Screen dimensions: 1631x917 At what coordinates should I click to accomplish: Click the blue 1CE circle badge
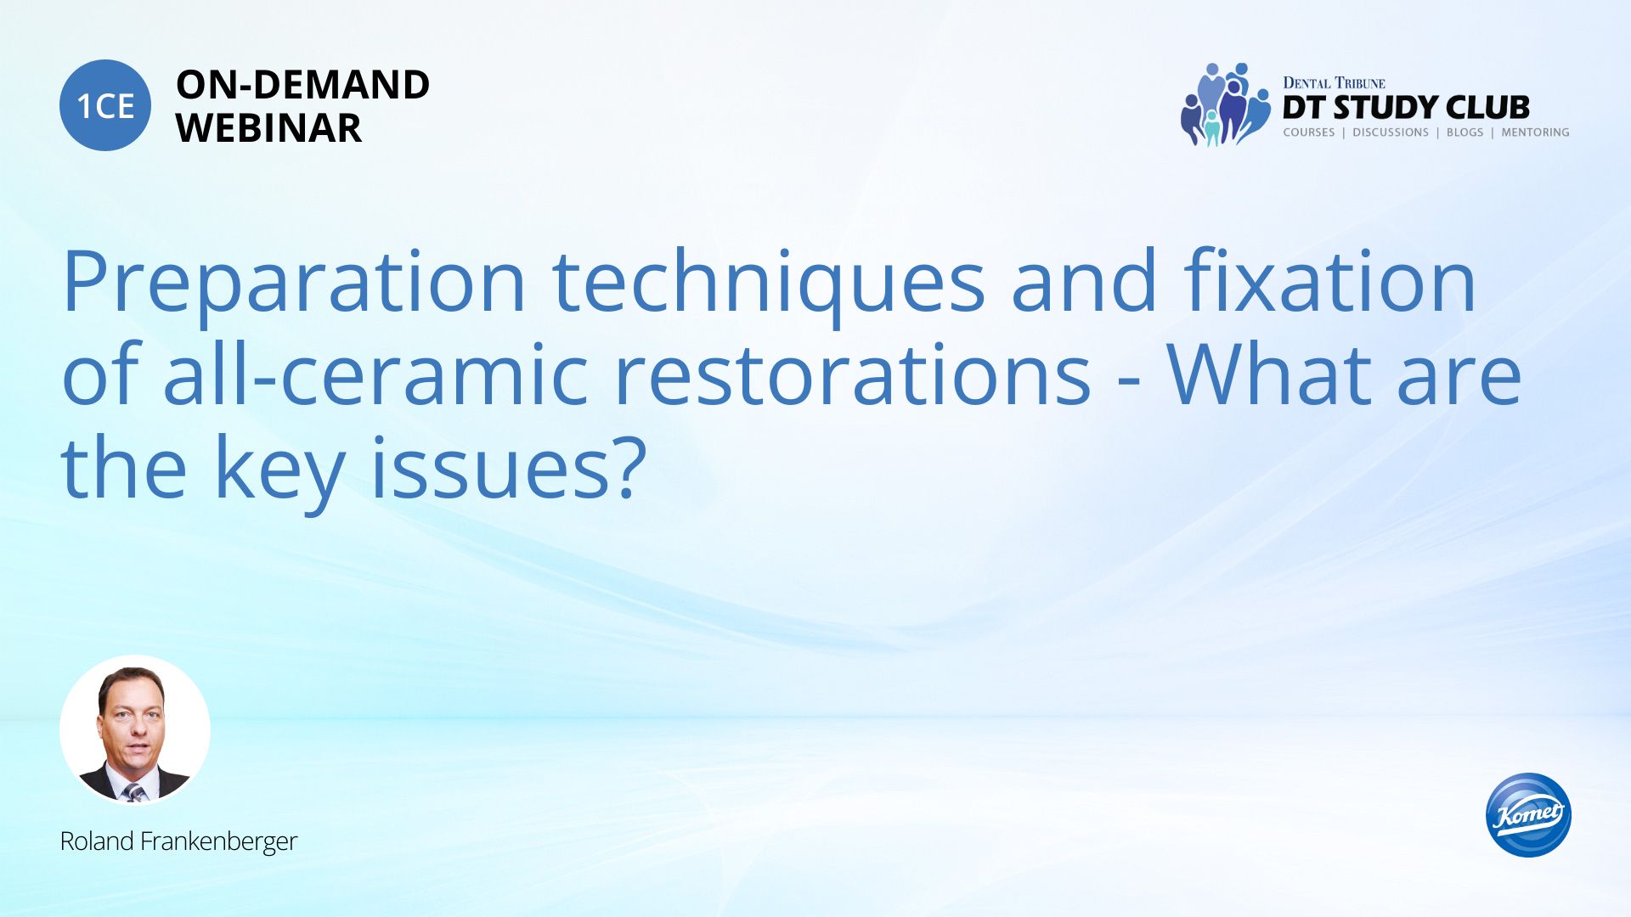(x=105, y=105)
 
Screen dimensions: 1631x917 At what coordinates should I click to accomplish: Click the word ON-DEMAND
(x=302, y=85)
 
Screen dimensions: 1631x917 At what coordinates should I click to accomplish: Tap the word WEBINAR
(x=268, y=128)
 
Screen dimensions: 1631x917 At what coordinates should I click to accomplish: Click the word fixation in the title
(x=1330, y=280)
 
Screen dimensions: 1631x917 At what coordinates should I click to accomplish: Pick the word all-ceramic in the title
(x=375, y=374)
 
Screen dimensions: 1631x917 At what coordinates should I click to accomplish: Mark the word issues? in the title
(x=509, y=467)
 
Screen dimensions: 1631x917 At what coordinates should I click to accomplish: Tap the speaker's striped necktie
(x=133, y=792)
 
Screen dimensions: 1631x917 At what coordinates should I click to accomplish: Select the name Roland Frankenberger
(x=178, y=841)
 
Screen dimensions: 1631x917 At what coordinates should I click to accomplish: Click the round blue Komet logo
(x=1528, y=815)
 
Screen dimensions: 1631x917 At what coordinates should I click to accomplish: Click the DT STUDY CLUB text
(x=1406, y=108)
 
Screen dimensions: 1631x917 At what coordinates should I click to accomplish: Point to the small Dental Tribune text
(x=1334, y=83)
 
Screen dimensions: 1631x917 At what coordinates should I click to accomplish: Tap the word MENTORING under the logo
(x=1535, y=132)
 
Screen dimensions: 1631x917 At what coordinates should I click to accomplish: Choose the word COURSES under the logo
(x=1308, y=132)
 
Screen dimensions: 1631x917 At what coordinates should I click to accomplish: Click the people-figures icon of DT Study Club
(x=1224, y=104)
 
